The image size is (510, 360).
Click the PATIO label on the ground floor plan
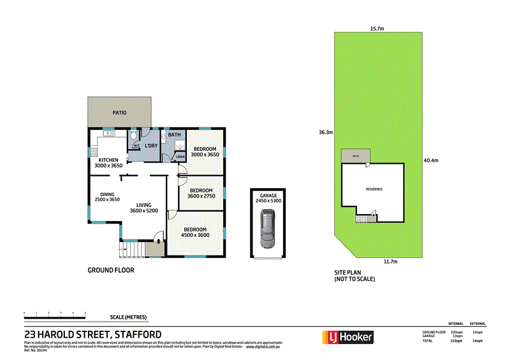point(120,113)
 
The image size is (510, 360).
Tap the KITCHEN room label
point(108,160)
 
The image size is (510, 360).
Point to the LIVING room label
point(143,205)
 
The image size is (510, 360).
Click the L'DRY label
point(151,147)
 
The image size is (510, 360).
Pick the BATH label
point(174,134)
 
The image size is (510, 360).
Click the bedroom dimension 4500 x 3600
point(196,235)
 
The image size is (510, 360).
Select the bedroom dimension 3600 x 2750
point(201,196)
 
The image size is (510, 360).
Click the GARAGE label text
point(267,195)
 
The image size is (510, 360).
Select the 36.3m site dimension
point(327,133)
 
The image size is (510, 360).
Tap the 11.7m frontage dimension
point(391,262)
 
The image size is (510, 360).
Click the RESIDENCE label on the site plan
point(374,189)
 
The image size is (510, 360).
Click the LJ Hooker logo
point(347,336)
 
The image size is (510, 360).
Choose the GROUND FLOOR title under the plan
point(110,270)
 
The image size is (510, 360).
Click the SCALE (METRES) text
point(128,317)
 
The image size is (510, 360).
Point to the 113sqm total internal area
point(456,341)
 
